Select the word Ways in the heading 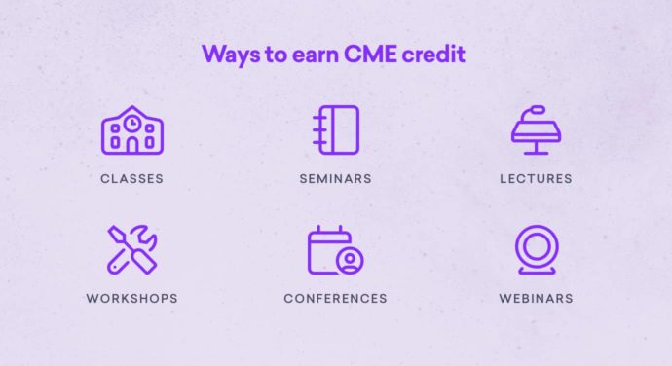(x=229, y=55)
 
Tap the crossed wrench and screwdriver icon (x=131, y=249)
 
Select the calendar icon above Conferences (x=335, y=249)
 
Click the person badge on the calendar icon (x=348, y=260)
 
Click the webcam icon (x=536, y=249)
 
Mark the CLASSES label (x=131, y=179)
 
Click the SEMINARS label (x=335, y=179)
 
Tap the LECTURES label (x=536, y=179)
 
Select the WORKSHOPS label (x=131, y=298)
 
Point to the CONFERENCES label (x=335, y=298)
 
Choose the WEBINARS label (x=536, y=298)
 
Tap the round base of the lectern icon (x=536, y=152)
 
